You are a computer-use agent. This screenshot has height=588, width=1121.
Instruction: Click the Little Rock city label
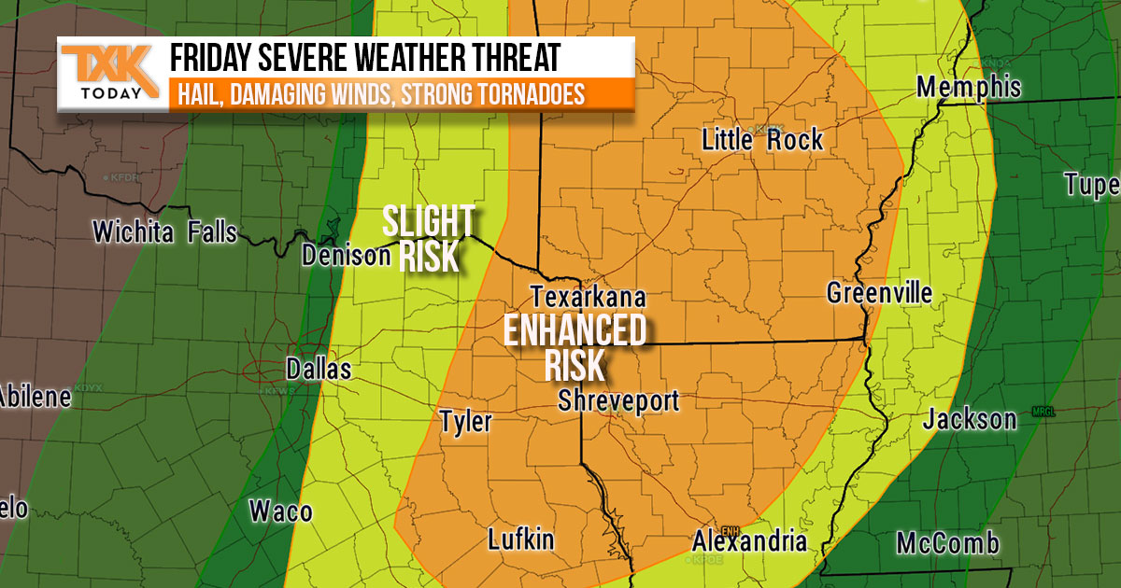click(x=762, y=141)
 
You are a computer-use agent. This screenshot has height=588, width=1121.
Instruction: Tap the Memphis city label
click(x=969, y=88)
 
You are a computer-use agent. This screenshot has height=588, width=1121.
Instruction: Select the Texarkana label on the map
click(x=589, y=297)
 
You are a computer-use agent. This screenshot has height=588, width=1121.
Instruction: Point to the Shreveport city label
click(x=617, y=400)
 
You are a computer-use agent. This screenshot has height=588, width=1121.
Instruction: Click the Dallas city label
click(x=319, y=369)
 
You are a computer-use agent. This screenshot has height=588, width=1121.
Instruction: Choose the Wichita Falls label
click(x=164, y=231)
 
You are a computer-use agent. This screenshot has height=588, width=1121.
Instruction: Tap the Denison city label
click(x=345, y=255)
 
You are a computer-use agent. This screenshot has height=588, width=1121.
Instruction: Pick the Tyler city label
click(x=465, y=422)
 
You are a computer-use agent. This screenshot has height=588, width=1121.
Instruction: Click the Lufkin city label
click(x=521, y=539)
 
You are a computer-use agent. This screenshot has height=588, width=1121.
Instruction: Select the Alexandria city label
click(x=749, y=541)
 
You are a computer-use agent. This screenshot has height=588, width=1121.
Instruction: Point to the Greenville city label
click(x=879, y=293)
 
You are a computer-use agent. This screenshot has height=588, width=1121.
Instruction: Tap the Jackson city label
click(x=969, y=419)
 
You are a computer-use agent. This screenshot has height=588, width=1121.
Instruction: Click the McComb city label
click(x=947, y=543)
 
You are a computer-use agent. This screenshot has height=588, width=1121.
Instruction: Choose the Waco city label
click(x=280, y=511)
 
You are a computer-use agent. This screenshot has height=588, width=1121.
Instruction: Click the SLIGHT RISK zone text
click(x=430, y=238)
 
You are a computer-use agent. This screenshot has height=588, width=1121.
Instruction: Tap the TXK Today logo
click(x=105, y=74)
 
